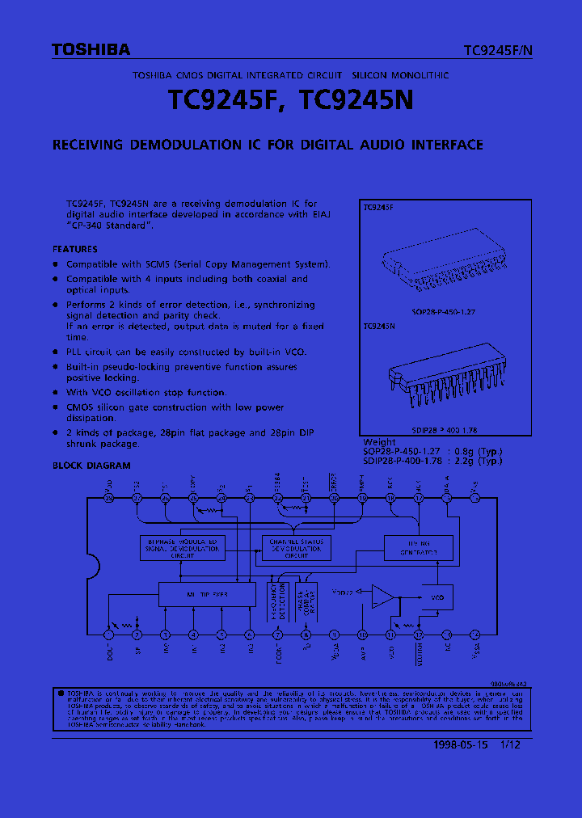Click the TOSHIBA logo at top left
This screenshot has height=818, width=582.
[91, 50]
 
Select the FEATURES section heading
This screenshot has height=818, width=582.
[75, 250]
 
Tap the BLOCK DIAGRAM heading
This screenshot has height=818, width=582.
[91, 466]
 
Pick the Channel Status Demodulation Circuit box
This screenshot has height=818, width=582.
[297, 548]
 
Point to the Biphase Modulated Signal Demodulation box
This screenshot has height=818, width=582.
[183, 548]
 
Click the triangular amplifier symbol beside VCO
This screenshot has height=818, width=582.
[382, 597]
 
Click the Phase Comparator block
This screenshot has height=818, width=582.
[307, 600]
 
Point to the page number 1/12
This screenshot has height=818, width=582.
[509, 745]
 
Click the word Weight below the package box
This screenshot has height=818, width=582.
[380, 442]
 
